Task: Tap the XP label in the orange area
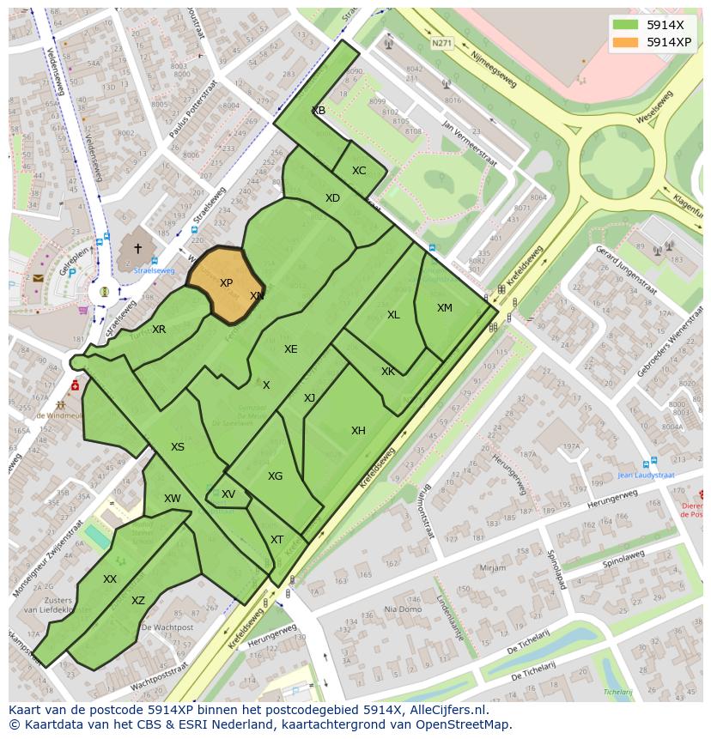point(226,283)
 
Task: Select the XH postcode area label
point(358,431)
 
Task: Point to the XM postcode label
point(444,308)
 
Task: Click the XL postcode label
point(393,315)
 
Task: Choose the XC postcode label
point(359,171)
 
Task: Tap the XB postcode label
point(319,111)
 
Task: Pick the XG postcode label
point(275,476)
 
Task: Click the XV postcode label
point(228,494)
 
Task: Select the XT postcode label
point(276,540)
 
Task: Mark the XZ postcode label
point(138,601)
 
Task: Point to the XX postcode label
point(110,579)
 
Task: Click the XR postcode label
point(159,330)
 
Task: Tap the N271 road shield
point(441,43)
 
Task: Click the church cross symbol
point(137,248)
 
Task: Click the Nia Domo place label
point(403,609)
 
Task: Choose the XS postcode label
point(177,447)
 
